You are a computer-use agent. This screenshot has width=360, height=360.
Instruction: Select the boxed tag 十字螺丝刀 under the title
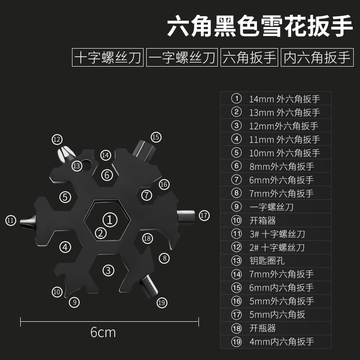(x=108, y=58)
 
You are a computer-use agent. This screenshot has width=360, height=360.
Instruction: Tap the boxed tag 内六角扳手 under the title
(x=318, y=58)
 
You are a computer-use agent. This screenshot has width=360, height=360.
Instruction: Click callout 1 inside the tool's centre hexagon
(x=109, y=219)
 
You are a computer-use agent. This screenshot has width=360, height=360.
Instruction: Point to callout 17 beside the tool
(x=204, y=216)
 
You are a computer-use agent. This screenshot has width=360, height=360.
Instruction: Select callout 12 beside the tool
(x=57, y=139)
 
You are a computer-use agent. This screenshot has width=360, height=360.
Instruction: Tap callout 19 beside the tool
(x=162, y=302)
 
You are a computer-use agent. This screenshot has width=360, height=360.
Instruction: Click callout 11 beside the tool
(x=11, y=220)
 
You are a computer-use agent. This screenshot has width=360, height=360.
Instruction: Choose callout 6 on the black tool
(x=107, y=174)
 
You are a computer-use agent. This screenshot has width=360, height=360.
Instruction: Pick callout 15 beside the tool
(x=156, y=137)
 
